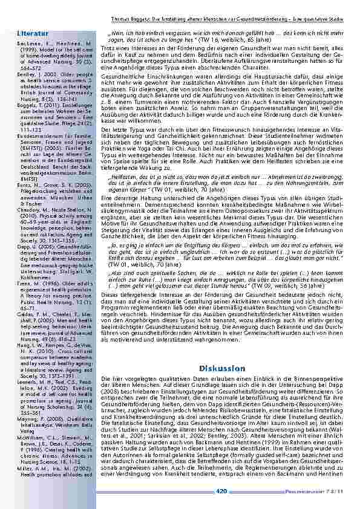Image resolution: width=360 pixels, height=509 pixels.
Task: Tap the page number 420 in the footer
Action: tap(221, 491)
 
